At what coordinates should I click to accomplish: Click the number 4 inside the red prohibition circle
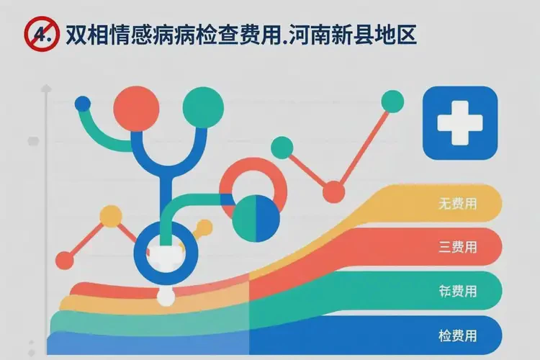click(x=41, y=35)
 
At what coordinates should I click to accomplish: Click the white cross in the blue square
click(x=462, y=122)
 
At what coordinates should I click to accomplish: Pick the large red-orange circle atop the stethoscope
click(x=135, y=108)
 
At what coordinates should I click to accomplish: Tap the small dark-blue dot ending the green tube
click(x=83, y=104)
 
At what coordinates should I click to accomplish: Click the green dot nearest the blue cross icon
click(x=392, y=102)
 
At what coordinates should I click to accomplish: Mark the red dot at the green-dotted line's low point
click(x=333, y=192)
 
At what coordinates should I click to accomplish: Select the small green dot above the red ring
click(x=282, y=147)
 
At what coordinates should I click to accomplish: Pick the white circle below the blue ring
click(x=166, y=296)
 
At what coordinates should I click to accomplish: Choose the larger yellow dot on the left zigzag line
click(x=111, y=215)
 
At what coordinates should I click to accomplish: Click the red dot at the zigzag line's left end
click(x=65, y=260)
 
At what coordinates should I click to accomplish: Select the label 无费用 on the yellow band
click(x=457, y=204)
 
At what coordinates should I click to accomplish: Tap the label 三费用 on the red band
click(x=457, y=248)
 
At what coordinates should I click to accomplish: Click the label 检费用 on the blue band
click(x=457, y=335)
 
